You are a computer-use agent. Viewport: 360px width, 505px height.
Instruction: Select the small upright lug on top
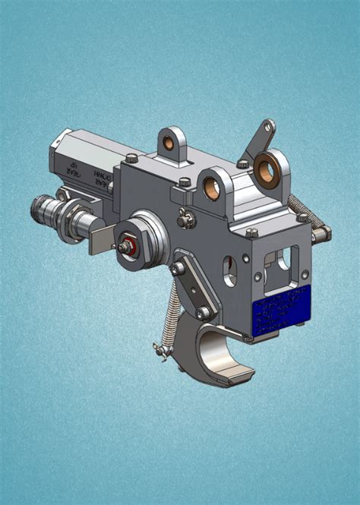[172, 142]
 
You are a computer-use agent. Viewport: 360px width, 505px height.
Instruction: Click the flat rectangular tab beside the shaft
[98, 241]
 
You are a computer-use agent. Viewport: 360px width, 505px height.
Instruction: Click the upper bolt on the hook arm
[178, 268]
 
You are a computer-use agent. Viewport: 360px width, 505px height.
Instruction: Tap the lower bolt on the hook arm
[202, 312]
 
